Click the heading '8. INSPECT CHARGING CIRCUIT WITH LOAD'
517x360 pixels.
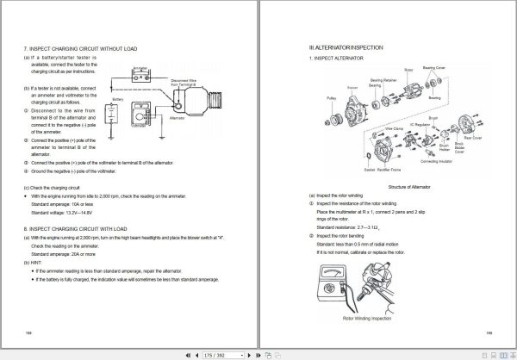(x=82, y=229)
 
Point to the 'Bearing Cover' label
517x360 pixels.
(x=434, y=65)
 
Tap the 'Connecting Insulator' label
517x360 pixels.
(x=435, y=160)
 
